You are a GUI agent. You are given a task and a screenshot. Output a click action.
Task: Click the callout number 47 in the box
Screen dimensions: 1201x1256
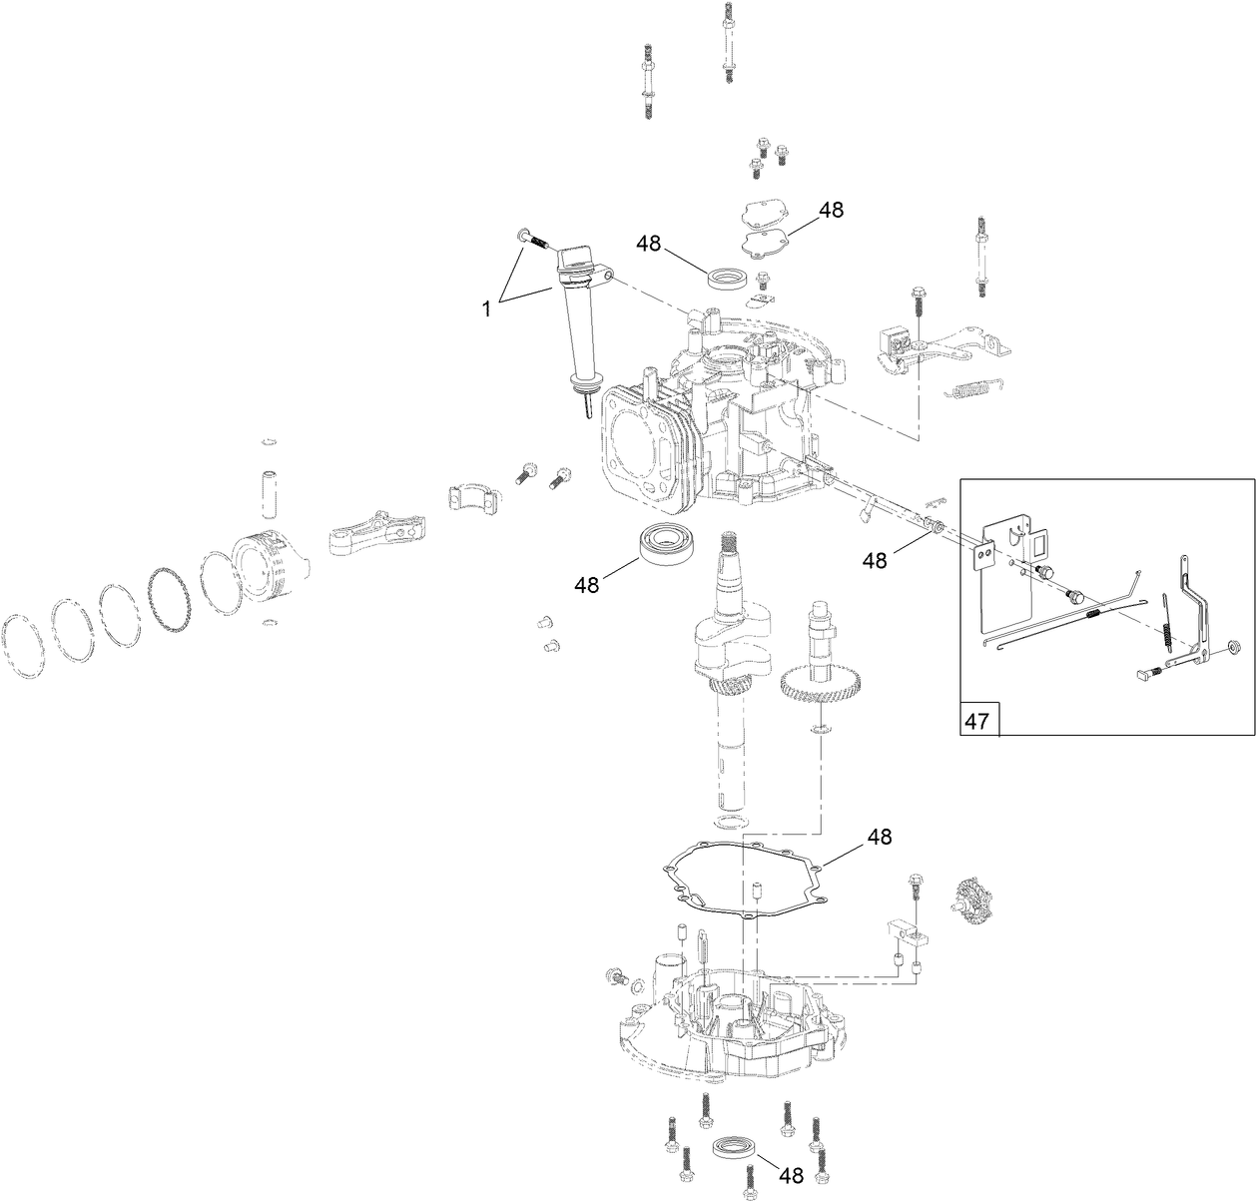click(977, 721)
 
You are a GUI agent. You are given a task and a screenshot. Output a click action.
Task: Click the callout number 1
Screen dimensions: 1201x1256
click(487, 309)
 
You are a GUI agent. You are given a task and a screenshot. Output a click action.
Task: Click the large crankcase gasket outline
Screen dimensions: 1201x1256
click(744, 879)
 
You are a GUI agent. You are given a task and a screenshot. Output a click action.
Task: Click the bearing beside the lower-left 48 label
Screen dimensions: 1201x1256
click(665, 545)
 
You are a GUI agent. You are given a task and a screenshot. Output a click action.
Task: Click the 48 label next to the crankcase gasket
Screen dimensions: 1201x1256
click(880, 836)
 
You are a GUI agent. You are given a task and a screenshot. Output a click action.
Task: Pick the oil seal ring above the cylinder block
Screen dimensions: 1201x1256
click(725, 277)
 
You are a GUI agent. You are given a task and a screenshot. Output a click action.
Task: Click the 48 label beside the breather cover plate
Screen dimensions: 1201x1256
click(831, 211)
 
